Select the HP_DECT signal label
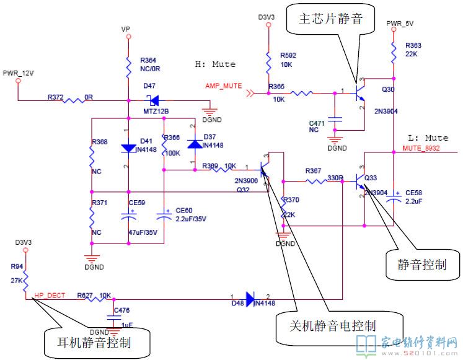pyautogui.click(x=50, y=296)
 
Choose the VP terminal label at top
pyautogui.click(x=126, y=29)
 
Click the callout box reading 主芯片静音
pyautogui.click(x=333, y=19)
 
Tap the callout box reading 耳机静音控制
pyautogui.click(x=99, y=341)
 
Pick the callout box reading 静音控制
pyautogui.click(x=423, y=265)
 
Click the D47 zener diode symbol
pyautogui.click(x=151, y=99)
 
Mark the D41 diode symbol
pyautogui.click(x=128, y=148)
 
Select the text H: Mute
pyautogui.click(x=215, y=64)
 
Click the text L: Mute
pyautogui.click(x=428, y=137)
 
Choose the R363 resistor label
pyautogui.click(x=413, y=46)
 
